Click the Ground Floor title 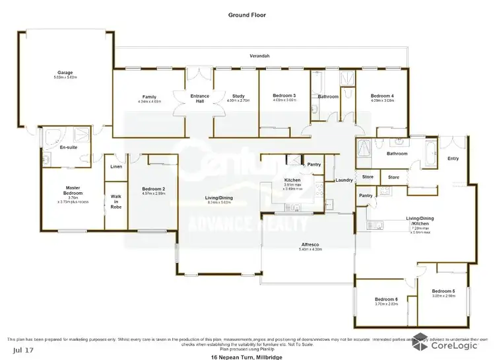[247, 14]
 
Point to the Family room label [149, 97]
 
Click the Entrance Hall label [199, 98]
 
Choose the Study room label [235, 96]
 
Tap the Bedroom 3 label [285, 96]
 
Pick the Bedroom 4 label [382, 96]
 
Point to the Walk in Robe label [116, 201]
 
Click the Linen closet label [116, 166]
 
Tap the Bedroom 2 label [153, 190]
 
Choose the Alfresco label [310, 244]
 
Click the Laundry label [344, 180]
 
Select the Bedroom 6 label [387, 299]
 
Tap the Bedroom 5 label [444, 291]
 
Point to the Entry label [453, 159]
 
